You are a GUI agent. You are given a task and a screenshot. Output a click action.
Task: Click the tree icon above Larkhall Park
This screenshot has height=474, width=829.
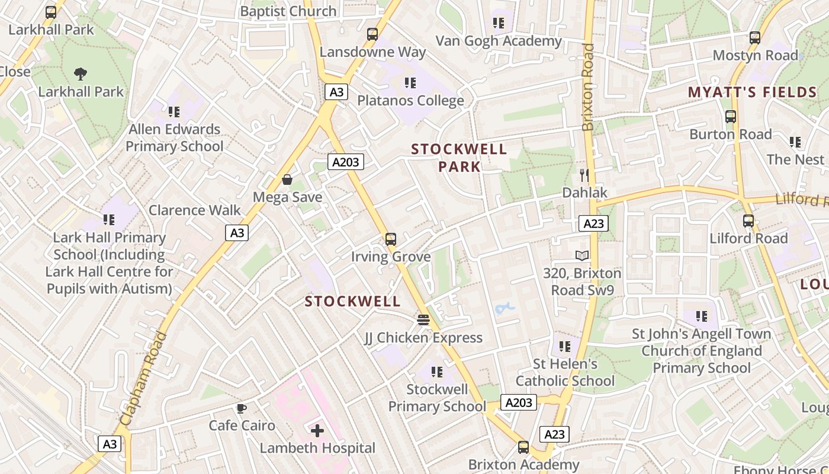point(81,74)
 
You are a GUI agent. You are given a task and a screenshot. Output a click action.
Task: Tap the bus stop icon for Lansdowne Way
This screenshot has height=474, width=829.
point(372,34)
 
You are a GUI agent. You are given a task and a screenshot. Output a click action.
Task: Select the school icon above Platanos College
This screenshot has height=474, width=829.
point(410,83)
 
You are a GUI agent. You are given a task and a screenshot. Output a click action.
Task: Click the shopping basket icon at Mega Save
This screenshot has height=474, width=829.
point(287,180)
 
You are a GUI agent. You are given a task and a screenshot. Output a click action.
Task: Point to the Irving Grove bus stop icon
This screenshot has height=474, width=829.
point(391,239)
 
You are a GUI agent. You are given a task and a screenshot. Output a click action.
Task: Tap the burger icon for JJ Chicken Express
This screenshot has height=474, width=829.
point(423,320)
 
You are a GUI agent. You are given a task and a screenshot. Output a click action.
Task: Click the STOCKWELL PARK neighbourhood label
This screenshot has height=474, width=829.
point(459,158)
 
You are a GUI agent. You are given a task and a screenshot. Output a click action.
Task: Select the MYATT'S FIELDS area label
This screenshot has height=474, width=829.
point(752,92)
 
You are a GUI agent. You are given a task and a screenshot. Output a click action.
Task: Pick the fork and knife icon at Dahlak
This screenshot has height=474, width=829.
point(584,175)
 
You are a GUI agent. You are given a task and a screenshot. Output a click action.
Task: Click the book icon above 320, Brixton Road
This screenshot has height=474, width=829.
point(583,255)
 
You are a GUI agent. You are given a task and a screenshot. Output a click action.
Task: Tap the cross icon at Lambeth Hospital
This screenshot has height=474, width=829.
point(317,431)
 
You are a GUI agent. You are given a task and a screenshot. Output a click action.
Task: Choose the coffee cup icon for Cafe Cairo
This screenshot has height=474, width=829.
point(241,408)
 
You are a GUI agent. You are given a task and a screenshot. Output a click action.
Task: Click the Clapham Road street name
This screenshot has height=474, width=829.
point(144,379)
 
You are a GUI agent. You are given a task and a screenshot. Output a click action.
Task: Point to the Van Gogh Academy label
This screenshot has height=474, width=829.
point(499,41)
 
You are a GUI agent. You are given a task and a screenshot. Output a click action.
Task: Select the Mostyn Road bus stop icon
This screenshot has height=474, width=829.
point(755,38)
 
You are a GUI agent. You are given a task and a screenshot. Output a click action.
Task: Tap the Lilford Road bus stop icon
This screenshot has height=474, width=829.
point(748,221)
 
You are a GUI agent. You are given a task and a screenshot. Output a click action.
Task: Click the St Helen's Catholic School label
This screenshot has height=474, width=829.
point(565,372)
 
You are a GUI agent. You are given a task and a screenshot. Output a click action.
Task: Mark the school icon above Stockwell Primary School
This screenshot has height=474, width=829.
point(437,372)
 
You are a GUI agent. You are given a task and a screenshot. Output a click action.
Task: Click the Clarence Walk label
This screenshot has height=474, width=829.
point(195,210)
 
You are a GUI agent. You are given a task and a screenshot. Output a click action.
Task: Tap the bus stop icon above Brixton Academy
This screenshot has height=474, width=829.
point(523,447)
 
